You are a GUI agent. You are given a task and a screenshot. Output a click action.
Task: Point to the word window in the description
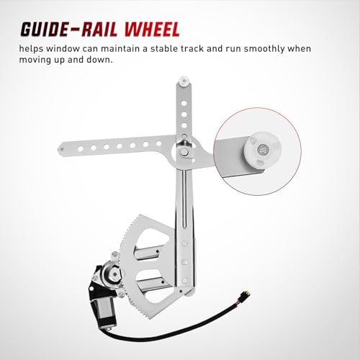(63, 49)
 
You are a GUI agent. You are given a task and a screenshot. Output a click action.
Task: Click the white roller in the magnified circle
(262, 150)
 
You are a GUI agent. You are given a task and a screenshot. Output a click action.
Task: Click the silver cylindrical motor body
(105, 312)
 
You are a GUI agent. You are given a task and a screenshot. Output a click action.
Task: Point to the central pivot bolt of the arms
(184, 151)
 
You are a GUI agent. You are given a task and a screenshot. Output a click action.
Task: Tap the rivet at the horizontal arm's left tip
(62, 149)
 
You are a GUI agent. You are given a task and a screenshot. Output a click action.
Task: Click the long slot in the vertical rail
(184, 199)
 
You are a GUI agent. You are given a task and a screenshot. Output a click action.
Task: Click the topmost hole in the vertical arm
(184, 104)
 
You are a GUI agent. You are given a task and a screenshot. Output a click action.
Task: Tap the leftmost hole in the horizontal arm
(81, 148)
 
